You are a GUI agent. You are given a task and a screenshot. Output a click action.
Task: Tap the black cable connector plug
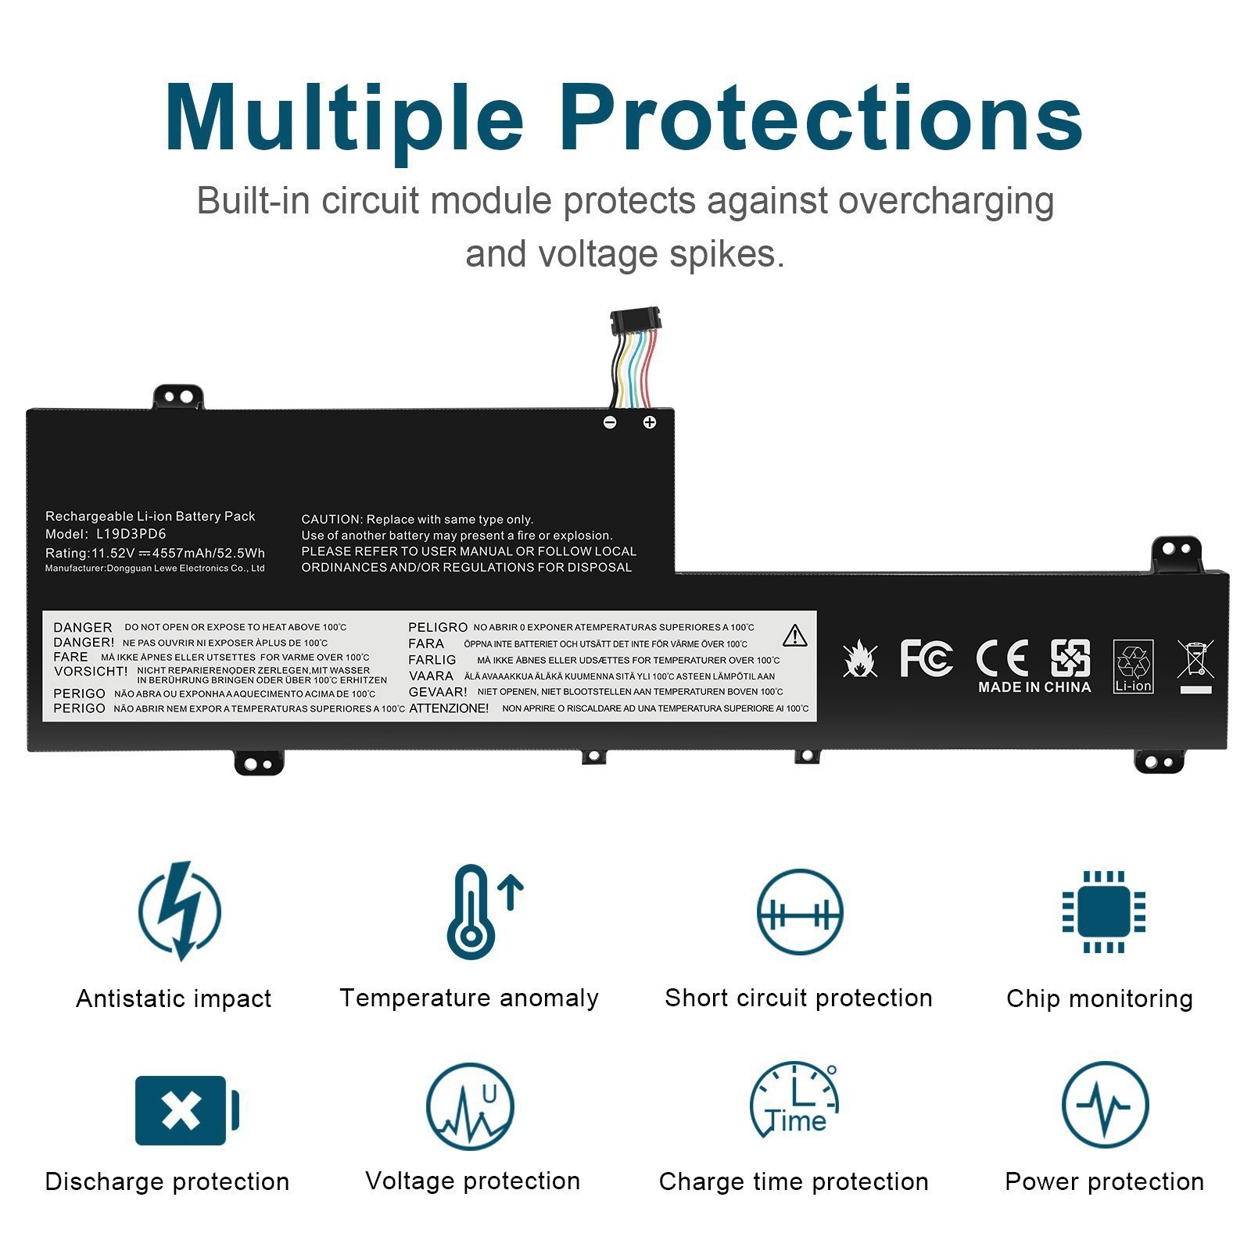coord(635,320)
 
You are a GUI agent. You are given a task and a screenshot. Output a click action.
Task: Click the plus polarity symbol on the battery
coord(649,422)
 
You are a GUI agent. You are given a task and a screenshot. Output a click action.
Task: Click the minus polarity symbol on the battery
coord(610,422)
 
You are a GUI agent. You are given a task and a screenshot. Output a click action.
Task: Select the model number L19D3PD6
coord(131,535)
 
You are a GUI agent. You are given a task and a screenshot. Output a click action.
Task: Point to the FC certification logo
coord(926,658)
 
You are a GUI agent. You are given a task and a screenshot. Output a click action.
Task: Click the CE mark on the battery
coord(1002,658)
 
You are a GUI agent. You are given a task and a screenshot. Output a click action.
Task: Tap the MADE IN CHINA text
coord(1034,687)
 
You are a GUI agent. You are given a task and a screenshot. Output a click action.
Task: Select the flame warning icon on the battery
coord(860,659)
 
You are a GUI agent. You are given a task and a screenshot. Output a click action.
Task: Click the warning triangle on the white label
coord(794,636)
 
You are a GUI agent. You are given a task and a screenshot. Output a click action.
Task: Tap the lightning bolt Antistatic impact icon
coord(180,911)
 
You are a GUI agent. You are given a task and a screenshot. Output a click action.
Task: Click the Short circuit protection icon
coord(799,912)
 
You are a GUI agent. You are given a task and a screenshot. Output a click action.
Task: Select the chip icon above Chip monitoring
coord(1103,912)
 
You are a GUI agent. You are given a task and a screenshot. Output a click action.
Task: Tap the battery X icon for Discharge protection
coord(186,1110)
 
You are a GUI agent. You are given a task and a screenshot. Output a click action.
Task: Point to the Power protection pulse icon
coord(1104,1105)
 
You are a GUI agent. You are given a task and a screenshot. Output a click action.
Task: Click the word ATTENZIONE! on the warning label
coord(449,708)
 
